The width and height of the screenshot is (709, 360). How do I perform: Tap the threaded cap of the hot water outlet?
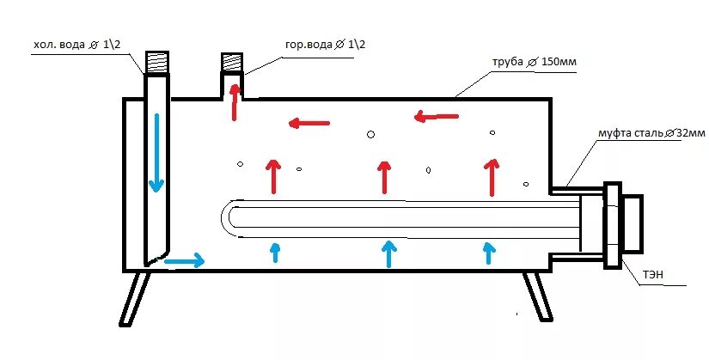[x=233, y=64]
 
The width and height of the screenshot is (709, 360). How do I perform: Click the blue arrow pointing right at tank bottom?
[x=185, y=259]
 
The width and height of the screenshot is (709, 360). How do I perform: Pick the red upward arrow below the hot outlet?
[x=233, y=103]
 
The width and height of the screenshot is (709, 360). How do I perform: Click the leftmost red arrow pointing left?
[x=309, y=124]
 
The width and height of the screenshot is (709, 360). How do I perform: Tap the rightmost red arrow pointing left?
[x=434, y=116]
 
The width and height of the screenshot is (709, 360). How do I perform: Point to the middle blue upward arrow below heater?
[x=389, y=252]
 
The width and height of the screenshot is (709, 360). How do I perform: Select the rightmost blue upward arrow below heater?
[x=489, y=252]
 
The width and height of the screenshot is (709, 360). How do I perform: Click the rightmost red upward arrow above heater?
[x=491, y=177]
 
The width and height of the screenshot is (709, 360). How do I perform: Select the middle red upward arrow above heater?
[x=383, y=177]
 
